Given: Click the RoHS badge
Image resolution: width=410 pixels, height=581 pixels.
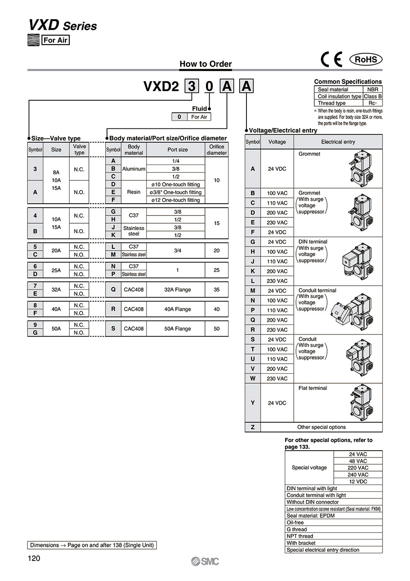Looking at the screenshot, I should point(365,60).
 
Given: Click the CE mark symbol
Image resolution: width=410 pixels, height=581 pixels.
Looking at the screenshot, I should point(331,60).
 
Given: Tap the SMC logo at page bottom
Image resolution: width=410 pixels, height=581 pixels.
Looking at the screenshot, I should point(205,561).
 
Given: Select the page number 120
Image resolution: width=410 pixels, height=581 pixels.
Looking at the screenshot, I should point(35,559).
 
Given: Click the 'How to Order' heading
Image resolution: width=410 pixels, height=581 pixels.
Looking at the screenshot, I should point(205,64).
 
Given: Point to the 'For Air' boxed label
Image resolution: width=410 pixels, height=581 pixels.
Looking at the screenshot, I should point(55,40).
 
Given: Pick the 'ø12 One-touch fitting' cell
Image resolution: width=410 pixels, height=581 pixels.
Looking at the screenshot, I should point(176,200).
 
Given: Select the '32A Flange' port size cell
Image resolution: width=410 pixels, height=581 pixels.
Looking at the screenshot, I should point(177,289).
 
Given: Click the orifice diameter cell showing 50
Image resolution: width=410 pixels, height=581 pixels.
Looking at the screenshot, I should point(216,329).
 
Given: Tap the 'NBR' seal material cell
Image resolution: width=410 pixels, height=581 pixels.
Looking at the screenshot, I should point(373,90).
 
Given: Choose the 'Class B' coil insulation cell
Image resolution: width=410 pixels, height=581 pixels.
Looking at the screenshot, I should point(373,97).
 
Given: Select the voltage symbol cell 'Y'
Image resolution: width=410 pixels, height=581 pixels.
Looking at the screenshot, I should point(252,403).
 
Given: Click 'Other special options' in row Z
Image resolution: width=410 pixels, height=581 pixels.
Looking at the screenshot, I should point(321,427).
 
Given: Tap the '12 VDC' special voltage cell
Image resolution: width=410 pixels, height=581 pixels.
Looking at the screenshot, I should point(358,482).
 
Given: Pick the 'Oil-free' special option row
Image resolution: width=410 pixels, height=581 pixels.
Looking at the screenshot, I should point(333,523).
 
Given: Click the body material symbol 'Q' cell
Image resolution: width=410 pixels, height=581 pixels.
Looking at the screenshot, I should point(113,289).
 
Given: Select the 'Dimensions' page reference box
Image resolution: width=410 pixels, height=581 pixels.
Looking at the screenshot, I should point(92,545).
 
